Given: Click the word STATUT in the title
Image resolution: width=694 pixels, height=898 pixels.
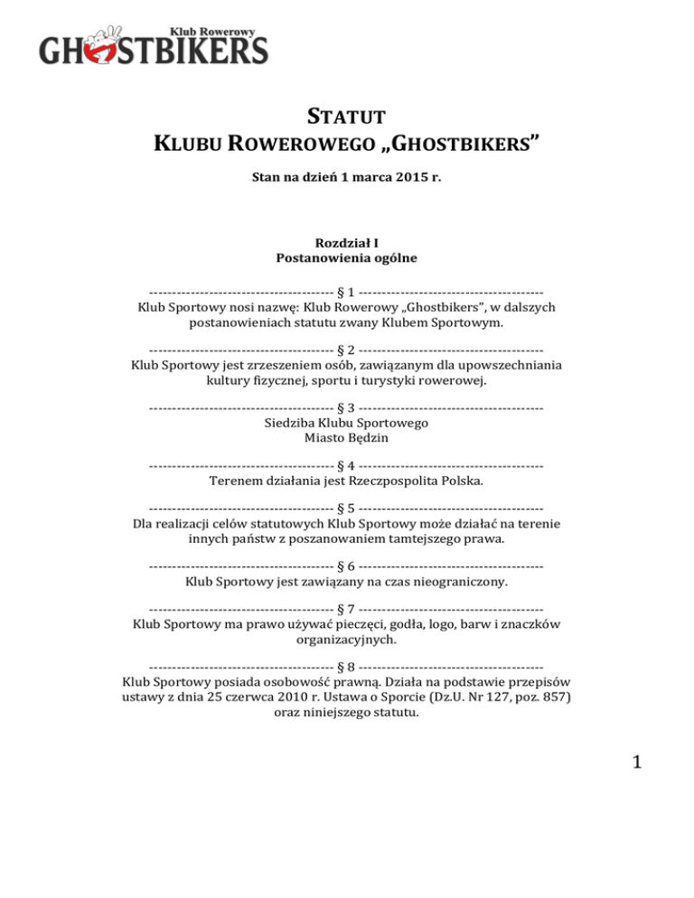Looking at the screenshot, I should coord(346,117).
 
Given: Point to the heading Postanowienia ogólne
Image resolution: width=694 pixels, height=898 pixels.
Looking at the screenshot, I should coord(346,259).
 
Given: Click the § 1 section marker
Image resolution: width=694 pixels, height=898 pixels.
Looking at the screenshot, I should coord(346,292).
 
